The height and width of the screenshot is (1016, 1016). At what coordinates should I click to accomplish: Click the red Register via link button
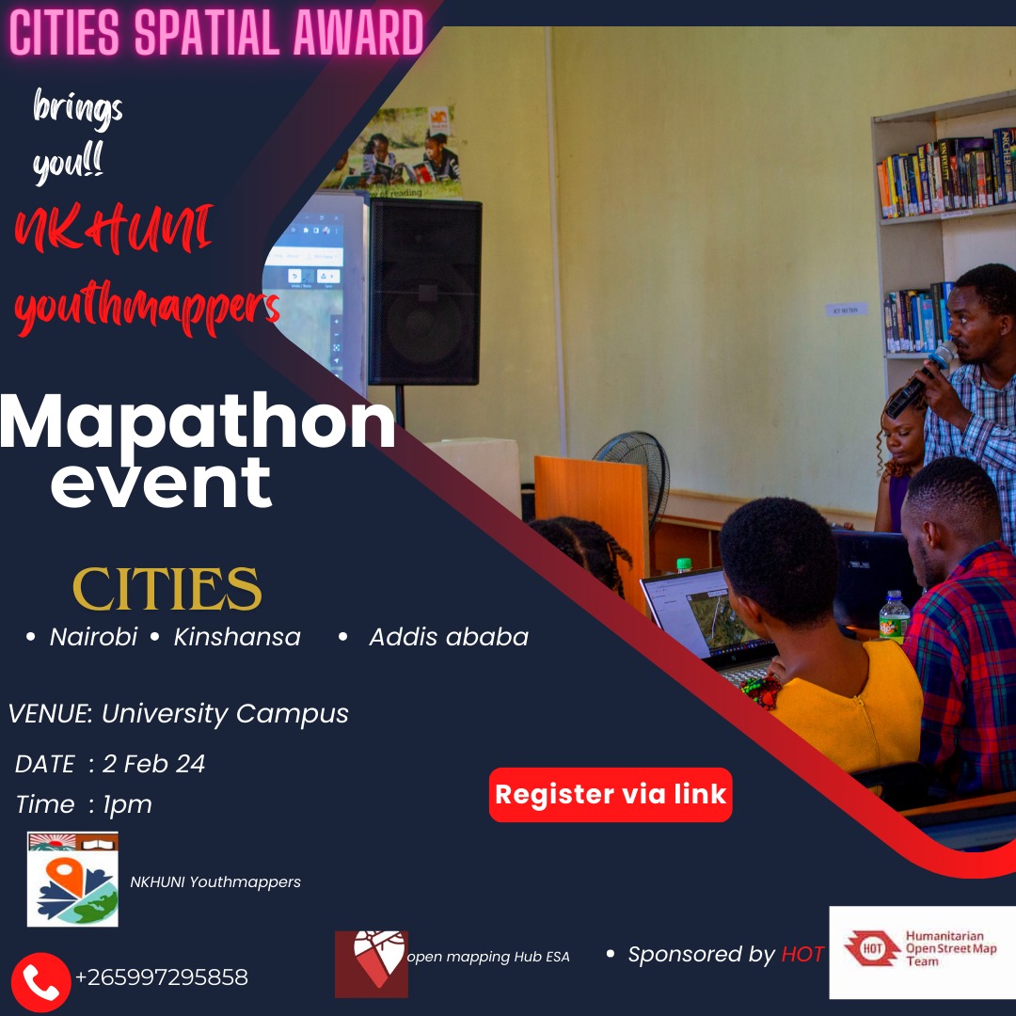pyautogui.click(x=611, y=794)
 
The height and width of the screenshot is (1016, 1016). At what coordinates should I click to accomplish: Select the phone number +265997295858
pyautogui.click(x=161, y=977)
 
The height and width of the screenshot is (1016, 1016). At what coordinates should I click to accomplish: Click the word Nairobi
pyautogui.click(x=93, y=637)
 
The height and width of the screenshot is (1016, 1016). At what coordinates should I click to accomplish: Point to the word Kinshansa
pyautogui.click(x=237, y=637)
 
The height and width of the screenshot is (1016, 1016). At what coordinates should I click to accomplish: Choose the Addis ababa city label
pyautogui.click(x=448, y=637)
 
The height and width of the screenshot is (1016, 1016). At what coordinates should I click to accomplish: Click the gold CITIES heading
pyautogui.click(x=167, y=589)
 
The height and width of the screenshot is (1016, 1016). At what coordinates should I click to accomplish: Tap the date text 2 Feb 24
pyautogui.click(x=153, y=764)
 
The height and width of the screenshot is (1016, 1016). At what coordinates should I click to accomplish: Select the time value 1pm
pyautogui.click(x=127, y=804)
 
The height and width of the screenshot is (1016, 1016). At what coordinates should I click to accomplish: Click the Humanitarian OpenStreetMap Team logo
pyautogui.click(x=922, y=951)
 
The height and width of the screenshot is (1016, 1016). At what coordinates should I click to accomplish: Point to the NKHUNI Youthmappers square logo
pyautogui.click(x=72, y=879)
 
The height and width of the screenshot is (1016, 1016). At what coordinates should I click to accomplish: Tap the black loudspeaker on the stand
pyautogui.click(x=424, y=292)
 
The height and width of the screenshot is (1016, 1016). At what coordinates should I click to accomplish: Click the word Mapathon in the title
pyautogui.click(x=198, y=423)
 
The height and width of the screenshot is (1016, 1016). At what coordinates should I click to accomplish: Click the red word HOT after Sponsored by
pyautogui.click(x=802, y=954)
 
